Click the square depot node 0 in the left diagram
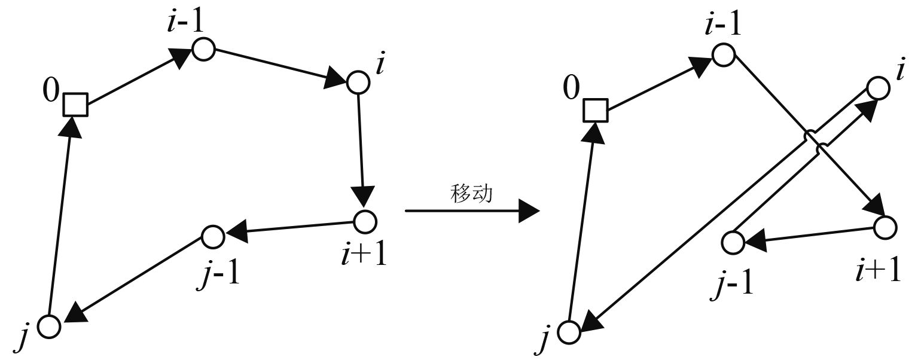point(76,105)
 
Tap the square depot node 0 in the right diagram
point(596,110)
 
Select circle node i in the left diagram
point(358,83)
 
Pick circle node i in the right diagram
point(877,89)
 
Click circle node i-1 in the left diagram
point(203,49)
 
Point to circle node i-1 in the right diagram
point(723,55)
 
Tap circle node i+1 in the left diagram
point(364,221)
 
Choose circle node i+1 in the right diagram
point(885,227)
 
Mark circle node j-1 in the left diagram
point(212,237)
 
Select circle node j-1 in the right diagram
point(733,243)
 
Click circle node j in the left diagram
point(49,327)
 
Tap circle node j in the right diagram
point(570,332)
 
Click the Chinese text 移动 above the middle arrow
point(471,195)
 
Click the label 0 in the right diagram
point(571,90)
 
